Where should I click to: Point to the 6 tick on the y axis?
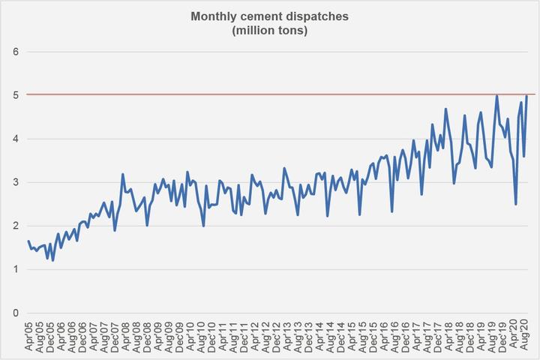click(x=14, y=52)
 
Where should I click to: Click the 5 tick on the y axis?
click(x=14, y=95)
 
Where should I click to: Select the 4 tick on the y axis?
click(x=14, y=139)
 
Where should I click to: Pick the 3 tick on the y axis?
click(x=14, y=182)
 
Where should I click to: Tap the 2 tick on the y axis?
click(x=14, y=226)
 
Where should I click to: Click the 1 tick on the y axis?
click(x=14, y=269)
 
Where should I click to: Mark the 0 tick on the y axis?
click(x=14, y=313)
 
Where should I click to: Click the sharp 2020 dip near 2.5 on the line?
click(x=516, y=204)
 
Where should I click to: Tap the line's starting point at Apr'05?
click(x=28, y=241)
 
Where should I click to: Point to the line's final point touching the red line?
click(x=527, y=96)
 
